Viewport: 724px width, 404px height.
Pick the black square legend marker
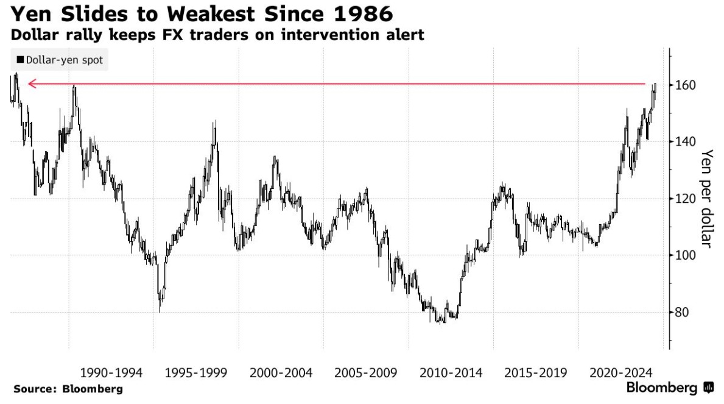point(21,60)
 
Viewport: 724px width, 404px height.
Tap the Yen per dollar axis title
point(706,199)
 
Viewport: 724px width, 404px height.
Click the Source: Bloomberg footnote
point(68,389)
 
